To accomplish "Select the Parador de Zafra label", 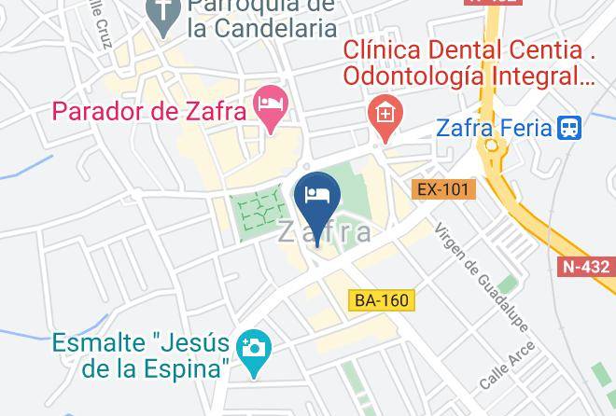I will (149, 111).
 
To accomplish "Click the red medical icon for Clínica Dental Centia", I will (383, 115).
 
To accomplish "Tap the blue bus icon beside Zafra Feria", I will (569, 127).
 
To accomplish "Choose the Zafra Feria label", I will (495, 128).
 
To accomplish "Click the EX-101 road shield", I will (442, 189).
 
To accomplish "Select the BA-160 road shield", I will (381, 300).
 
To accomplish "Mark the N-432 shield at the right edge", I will (586, 266).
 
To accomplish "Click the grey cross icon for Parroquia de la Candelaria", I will (164, 13).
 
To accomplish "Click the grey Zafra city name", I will (325, 233).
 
